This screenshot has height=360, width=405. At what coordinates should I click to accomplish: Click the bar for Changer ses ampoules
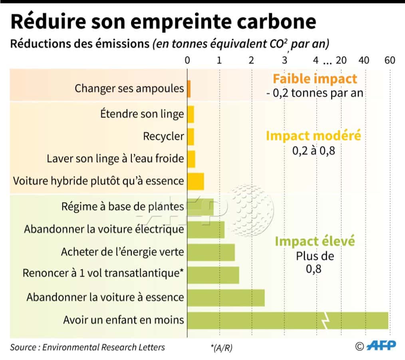(x=189, y=89)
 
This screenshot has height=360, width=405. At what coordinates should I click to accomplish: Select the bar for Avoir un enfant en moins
(x=288, y=320)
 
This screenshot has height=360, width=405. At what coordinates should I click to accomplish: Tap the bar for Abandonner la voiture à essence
(x=226, y=298)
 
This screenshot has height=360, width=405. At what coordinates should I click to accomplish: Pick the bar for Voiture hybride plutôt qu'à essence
(x=196, y=181)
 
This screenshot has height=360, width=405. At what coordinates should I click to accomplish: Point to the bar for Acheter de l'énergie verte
(x=211, y=252)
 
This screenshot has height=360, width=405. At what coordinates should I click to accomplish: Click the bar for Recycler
(x=191, y=136)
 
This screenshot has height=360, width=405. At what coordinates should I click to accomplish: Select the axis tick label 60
(x=389, y=60)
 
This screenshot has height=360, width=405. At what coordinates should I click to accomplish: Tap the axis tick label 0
(x=187, y=60)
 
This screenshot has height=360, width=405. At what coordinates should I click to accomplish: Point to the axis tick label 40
(x=364, y=60)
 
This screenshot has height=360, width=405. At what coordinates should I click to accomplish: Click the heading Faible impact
(x=315, y=79)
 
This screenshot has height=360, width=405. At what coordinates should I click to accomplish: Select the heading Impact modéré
(x=314, y=136)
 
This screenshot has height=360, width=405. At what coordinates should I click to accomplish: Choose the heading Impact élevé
(x=315, y=241)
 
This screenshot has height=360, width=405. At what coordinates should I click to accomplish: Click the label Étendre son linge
(x=142, y=114)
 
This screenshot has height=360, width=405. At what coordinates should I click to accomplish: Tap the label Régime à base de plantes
(x=123, y=206)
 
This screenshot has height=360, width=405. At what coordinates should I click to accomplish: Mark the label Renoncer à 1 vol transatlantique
(x=103, y=273)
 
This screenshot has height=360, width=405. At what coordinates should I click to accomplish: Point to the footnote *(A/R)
(x=221, y=348)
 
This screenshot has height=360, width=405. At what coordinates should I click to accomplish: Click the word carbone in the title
(x=272, y=22)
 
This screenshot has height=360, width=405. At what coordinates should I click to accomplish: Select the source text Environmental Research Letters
(x=103, y=347)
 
